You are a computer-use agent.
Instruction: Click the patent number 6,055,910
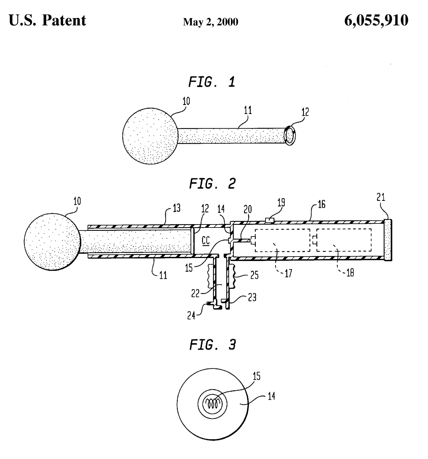tap(376, 21)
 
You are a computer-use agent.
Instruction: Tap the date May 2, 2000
tap(211, 22)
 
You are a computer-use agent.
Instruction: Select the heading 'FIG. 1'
tap(212, 82)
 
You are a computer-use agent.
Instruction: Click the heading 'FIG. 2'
tap(212, 183)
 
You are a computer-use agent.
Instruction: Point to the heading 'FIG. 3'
tap(212, 345)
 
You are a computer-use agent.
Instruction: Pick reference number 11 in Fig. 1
tap(248, 111)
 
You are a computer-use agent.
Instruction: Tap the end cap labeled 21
tap(388, 240)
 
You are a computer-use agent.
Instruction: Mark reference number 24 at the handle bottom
tap(191, 315)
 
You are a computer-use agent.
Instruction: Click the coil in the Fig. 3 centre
tap(212, 404)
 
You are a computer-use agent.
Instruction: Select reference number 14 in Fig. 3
tap(272, 397)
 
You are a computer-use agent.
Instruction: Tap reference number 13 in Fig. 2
tap(177, 208)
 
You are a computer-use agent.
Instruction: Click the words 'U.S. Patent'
tap(47, 21)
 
